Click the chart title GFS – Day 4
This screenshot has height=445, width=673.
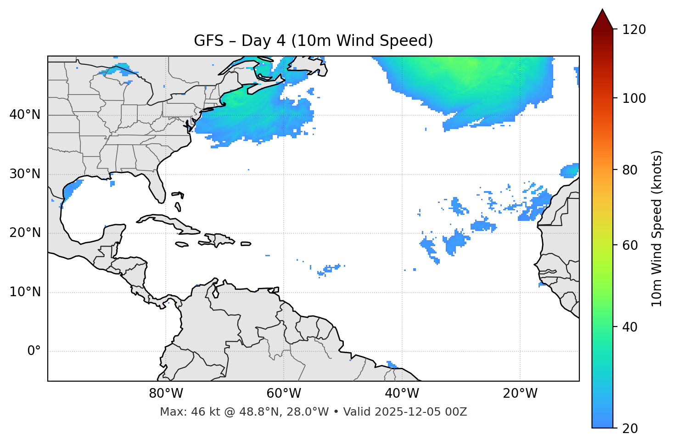coord(313,41)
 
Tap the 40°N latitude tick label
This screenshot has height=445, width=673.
coord(25,115)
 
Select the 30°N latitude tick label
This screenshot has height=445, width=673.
coord(25,174)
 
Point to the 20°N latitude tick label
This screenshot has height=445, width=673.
coord(25,233)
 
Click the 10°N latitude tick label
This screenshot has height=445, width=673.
coord(25,292)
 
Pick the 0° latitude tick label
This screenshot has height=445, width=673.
coord(34,351)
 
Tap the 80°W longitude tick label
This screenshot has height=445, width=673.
coord(166,394)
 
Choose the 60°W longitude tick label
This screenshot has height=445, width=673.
coord(284,394)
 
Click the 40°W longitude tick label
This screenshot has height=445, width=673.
coord(402,394)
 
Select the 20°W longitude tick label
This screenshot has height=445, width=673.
coord(520,394)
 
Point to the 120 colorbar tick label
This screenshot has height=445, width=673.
coord(634,30)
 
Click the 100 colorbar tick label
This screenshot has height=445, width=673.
coord(634,98)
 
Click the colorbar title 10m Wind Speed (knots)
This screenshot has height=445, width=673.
coord(657,228)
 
